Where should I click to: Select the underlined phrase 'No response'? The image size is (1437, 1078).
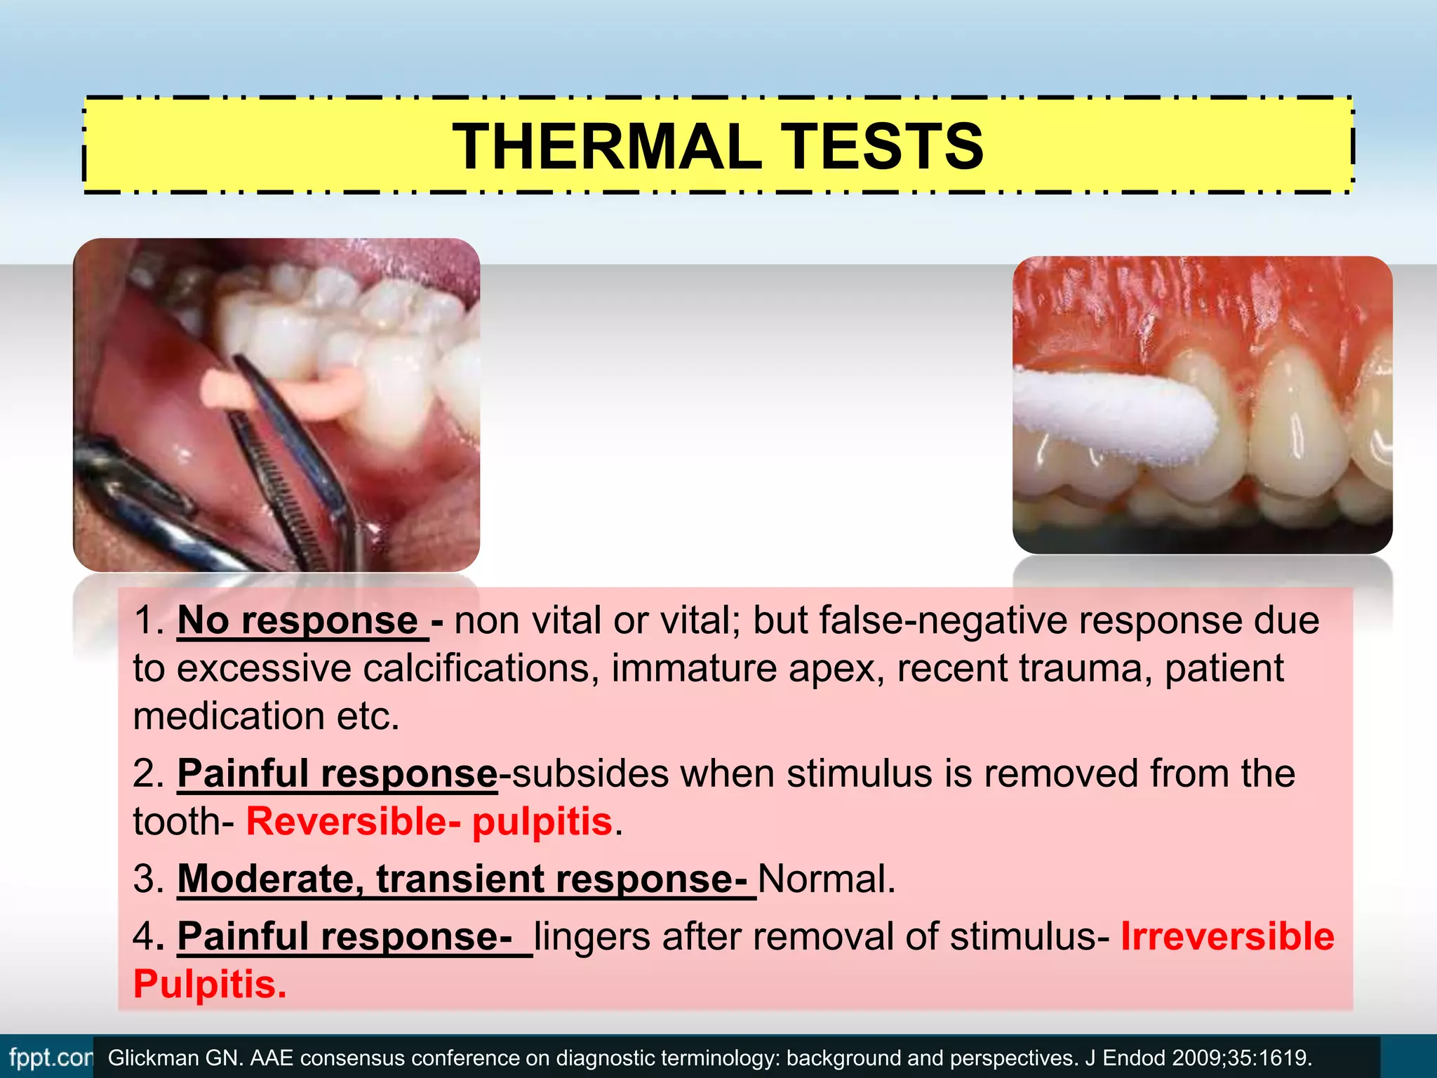pyautogui.click(x=298, y=620)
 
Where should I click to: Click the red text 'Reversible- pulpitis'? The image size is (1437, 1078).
pyautogui.click(x=429, y=821)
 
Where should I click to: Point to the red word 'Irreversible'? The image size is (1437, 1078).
pyautogui.click(x=1227, y=936)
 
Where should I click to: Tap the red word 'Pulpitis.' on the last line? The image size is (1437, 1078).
pyautogui.click(x=210, y=984)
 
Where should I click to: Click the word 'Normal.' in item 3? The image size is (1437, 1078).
pyautogui.click(x=827, y=879)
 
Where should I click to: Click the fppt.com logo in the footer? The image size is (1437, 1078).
pyautogui.click(x=49, y=1057)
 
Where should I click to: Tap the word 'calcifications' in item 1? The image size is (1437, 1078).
pyautogui.click(x=481, y=668)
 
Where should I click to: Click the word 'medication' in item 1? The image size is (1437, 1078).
pyautogui.click(x=228, y=716)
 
